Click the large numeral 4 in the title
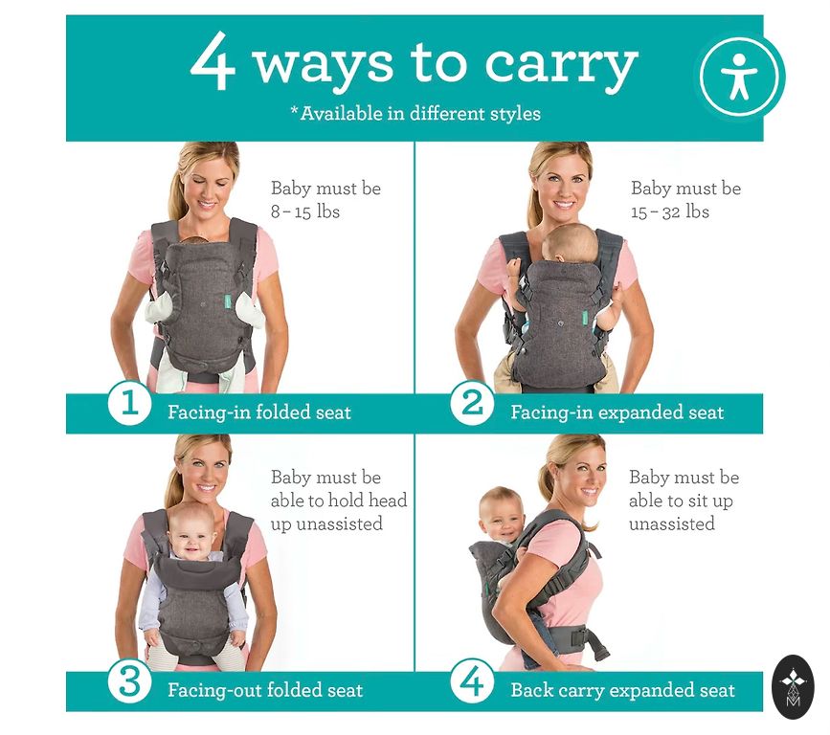tap(213, 61)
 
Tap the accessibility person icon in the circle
tap(739, 77)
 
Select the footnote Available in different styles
tap(415, 113)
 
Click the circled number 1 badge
tap(129, 404)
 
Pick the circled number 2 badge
tap(473, 403)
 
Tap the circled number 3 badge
tap(129, 681)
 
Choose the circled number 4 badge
tap(473, 680)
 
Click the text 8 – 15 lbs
tap(305, 212)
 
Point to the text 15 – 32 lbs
tap(669, 212)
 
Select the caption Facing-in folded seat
tap(259, 412)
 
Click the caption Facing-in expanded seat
tap(617, 412)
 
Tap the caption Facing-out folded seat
tap(265, 690)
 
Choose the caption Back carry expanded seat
tap(623, 690)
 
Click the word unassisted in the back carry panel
tap(672, 523)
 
